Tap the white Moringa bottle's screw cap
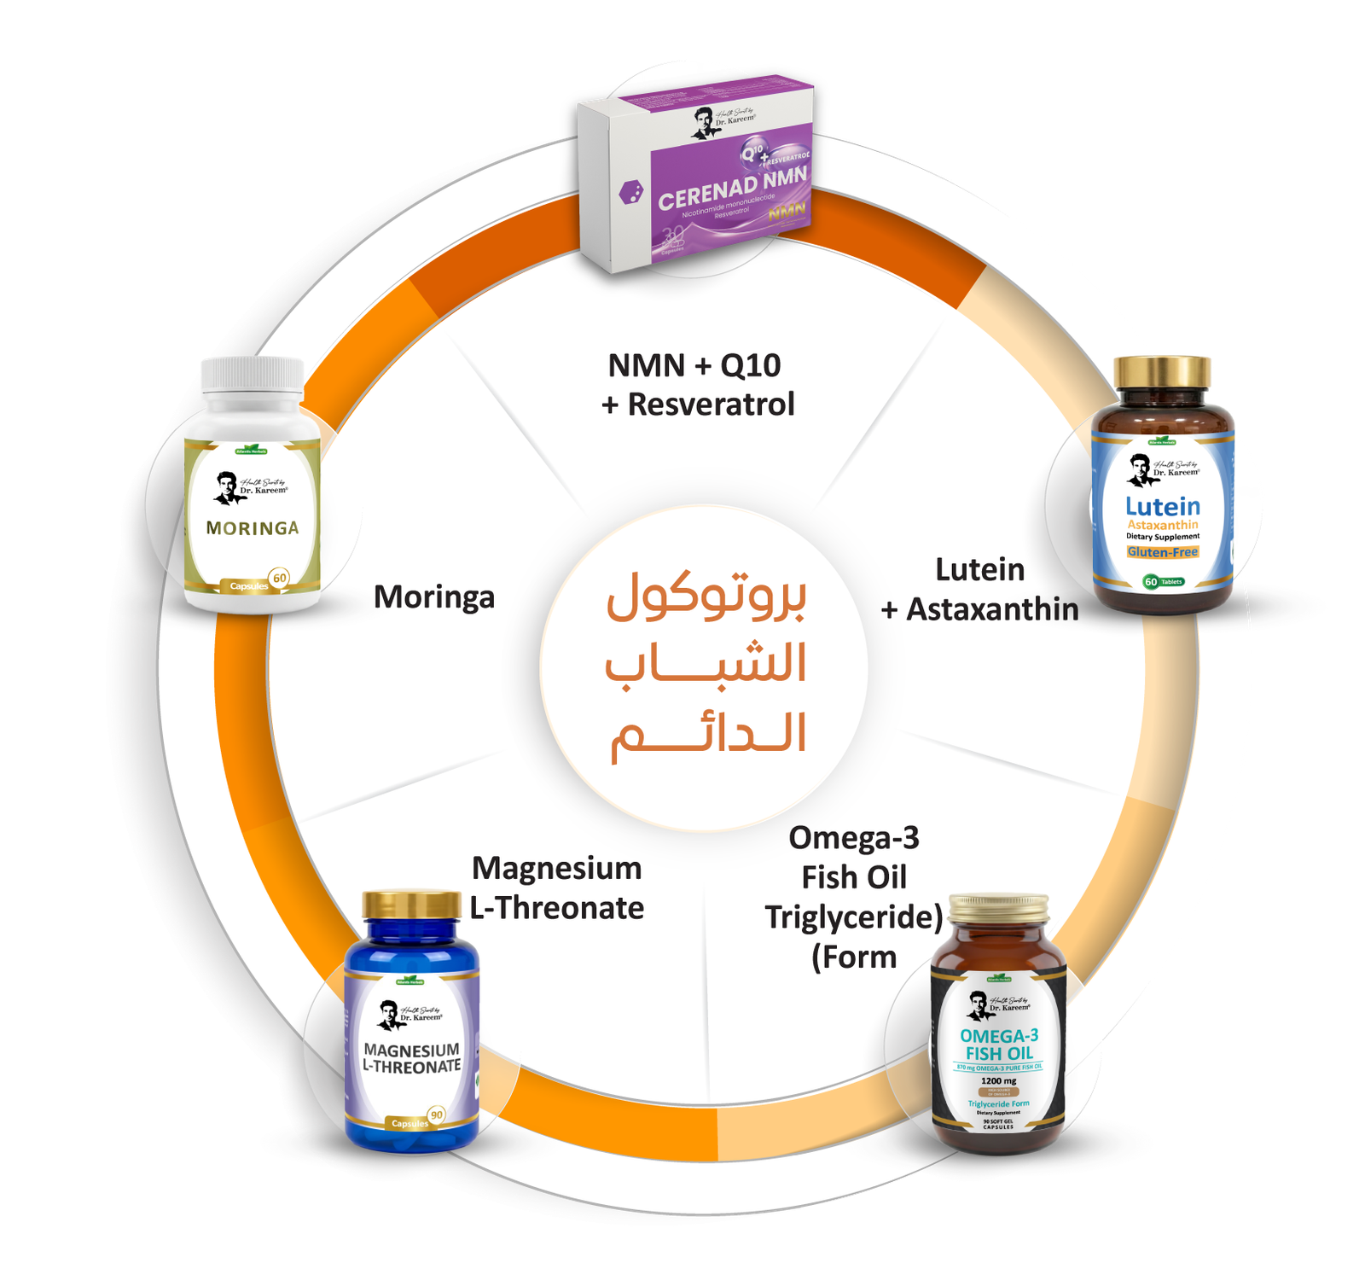pyautogui.click(x=252, y=375)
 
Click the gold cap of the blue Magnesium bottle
pyautogui.click(x=411, y=905)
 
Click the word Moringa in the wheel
pyautogui.click(x=434, y=597)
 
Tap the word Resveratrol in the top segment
pyautogui.click(x=711, y=404)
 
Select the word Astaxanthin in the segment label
pyautogui.click(x=992, y=609)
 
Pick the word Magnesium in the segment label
pyautogui.click(x=557, y=868)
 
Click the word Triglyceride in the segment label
pyautogui.click(x=851, y=917)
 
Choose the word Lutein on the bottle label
pyautogui.click(x=1162, y=506)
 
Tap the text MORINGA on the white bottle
pyautogui.click(x=253, y=528)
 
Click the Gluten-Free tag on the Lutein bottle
pyautogui.click(x=1162, y=552)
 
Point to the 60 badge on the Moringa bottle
pyautogui.click(x=279, y=578)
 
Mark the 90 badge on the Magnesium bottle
pyautogui.click(x=437, y=1115)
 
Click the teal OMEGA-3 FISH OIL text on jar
pyautogui.click(x=999, y=1045)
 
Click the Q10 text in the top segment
pyautogui.click(x=751, y=365)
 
